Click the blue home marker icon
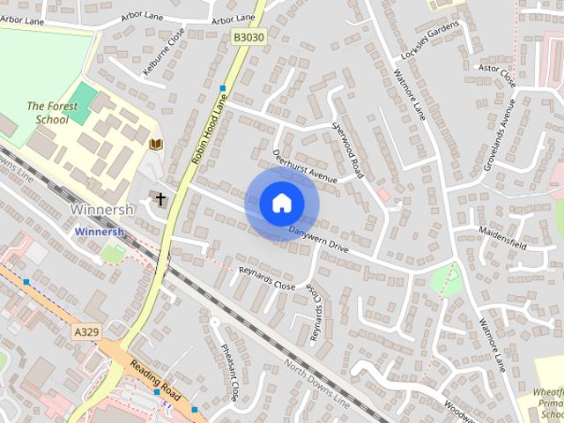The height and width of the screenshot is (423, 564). coord(281,204)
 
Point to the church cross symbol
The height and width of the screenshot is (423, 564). coord(161,199)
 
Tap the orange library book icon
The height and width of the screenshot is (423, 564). coord(157,144)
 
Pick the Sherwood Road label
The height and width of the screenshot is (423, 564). coord(345,144)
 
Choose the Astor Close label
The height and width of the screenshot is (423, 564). coord(496,74)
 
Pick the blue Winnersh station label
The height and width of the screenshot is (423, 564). coord(100,232)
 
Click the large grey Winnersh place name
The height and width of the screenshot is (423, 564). coord(101,211)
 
